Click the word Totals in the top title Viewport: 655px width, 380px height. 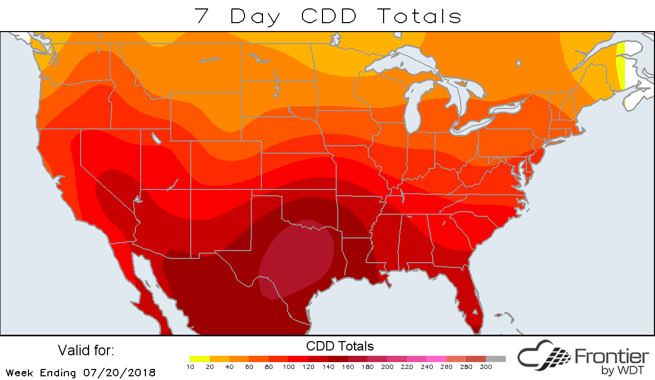pos(419,16)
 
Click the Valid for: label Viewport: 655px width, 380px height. pos(86,351)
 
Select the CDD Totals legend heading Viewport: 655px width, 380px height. pos(340,346)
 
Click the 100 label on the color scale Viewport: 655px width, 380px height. pos(289,366)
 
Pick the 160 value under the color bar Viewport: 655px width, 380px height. pos(348,366)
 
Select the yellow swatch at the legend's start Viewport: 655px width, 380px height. pos(200,359)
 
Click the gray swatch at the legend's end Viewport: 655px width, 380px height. pos(496,359)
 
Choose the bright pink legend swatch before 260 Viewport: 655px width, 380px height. pos(436,359)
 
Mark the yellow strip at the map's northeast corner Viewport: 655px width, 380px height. pos(621,66)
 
